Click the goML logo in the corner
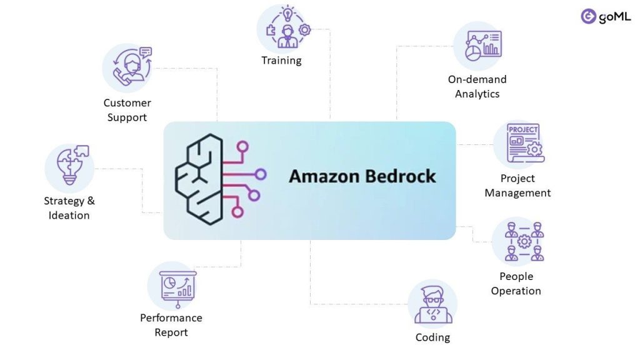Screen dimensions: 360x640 click(605, 17)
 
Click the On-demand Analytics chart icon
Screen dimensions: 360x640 click(477, 46)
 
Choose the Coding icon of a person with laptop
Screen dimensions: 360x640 click(432, 305)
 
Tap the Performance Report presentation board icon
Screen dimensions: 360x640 click(172, 286)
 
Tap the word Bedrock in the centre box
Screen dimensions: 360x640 click(400, 176)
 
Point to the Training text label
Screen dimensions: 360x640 click(281, 61)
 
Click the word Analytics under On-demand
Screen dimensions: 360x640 click(477, 94)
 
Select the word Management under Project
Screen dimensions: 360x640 click(517, 193)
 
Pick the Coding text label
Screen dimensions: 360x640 click(432, 337)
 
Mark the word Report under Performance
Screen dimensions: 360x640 click(171, 332)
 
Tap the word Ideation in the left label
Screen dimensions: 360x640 click(69, 216)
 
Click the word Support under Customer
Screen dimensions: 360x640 click(127, 117)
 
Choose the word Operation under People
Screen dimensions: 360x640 click(516, 291)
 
